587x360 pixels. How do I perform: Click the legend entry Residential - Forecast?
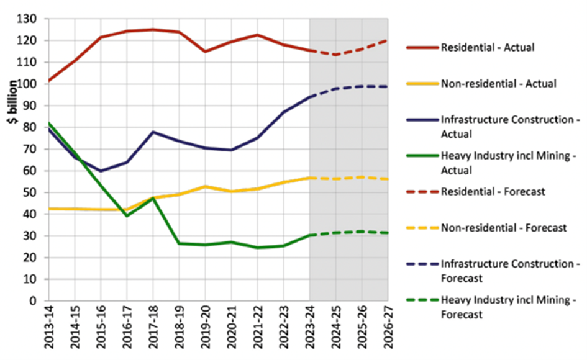[492, 192]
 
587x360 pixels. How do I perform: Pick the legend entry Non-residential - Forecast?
[503, 228]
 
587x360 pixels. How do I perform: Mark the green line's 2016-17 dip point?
[127, 215]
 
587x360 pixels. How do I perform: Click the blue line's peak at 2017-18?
[153, 132]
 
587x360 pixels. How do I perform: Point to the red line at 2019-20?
[205, 52]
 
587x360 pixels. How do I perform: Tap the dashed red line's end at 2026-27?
[388, 40]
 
